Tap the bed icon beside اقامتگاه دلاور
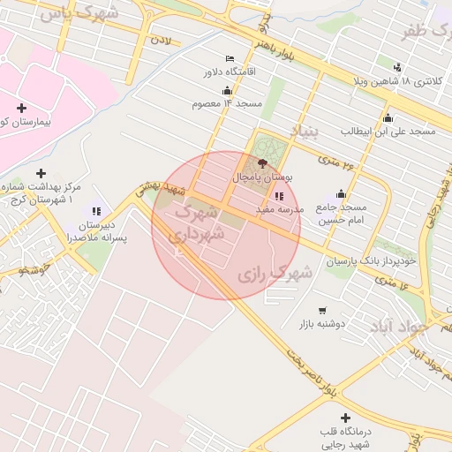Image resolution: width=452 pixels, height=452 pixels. tap(230, 58)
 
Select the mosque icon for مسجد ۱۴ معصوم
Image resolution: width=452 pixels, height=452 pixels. tap(227, 90)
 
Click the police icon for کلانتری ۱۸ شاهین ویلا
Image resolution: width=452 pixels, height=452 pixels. tap(398, 67)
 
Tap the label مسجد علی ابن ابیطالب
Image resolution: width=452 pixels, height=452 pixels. tap(388, 131)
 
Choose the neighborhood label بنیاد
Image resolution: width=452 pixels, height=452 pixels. tap(302, 133)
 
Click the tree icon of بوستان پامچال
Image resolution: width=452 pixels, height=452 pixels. tap(261, 163)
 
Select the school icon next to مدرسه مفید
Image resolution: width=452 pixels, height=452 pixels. tap(279, 196)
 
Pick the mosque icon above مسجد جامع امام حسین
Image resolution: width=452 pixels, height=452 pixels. tap(341, 194)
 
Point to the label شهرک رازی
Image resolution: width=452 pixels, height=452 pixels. tap(275, 275)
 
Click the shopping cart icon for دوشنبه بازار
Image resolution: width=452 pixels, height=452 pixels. tap(322, 311)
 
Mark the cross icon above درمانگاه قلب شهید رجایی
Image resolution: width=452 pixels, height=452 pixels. tap(345, 417)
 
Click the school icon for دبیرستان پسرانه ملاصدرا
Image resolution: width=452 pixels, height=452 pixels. tap(96, 211)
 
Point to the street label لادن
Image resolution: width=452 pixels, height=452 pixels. tap(160, 40)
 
